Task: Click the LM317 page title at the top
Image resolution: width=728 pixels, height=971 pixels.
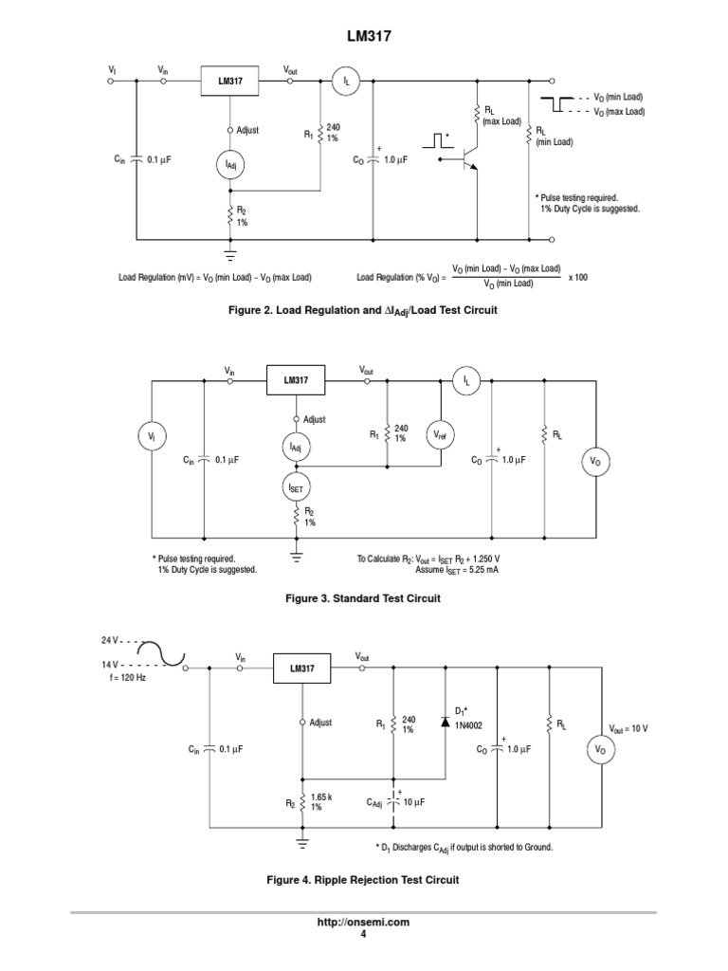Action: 364,35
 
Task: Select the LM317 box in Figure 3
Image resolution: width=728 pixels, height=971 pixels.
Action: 295,380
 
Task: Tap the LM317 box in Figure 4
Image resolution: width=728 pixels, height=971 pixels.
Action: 301,668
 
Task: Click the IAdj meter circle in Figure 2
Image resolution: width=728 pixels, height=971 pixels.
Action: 229,166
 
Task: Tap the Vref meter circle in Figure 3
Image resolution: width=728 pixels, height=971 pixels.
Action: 441,433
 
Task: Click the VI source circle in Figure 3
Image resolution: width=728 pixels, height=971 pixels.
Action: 152,435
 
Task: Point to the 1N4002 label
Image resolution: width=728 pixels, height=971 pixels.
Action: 470,725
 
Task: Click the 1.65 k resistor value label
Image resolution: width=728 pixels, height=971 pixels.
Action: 323,797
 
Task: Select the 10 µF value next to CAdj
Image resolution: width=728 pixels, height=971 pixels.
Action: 413,801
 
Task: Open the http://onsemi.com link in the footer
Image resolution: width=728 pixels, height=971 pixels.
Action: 364,922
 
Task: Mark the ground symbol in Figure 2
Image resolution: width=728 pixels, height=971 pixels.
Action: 229,253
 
